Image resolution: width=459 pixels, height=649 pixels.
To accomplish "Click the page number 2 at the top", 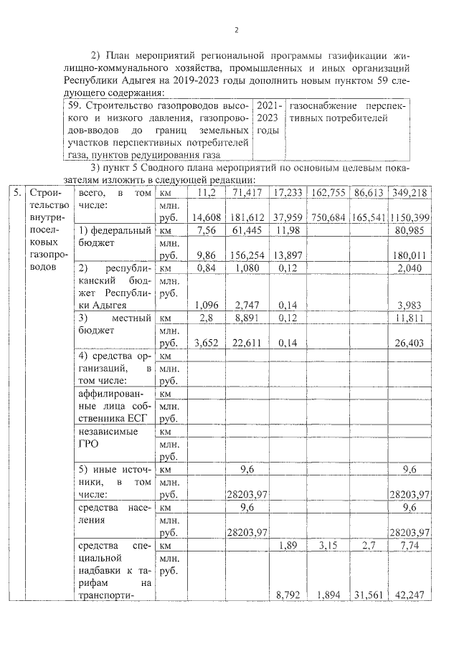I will pos(235,29).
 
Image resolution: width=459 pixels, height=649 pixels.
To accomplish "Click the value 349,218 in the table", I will pos(409,193).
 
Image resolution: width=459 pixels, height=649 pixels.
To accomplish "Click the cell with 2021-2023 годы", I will pos(269,118).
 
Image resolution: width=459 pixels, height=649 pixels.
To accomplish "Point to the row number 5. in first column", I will pos(16,193).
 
